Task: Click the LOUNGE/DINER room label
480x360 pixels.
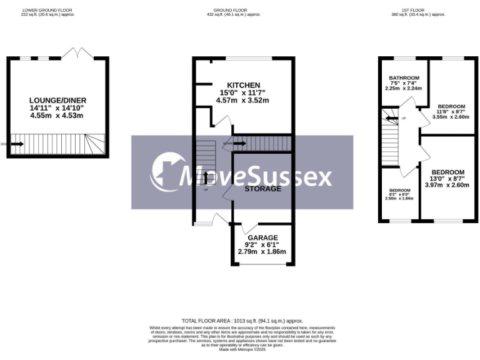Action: tap(57, 100)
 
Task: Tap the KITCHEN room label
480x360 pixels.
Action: tap(244, 85)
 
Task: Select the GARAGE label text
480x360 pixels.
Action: tap(262, 238)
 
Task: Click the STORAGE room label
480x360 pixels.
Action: tap(262, 188)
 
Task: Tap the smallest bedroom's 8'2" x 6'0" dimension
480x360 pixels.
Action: tap(400, 194)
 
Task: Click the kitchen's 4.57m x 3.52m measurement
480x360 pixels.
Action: tap(242, 100)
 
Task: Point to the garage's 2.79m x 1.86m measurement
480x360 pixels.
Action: tap(262, 252)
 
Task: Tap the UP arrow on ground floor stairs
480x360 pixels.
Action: tap(206, 177)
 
